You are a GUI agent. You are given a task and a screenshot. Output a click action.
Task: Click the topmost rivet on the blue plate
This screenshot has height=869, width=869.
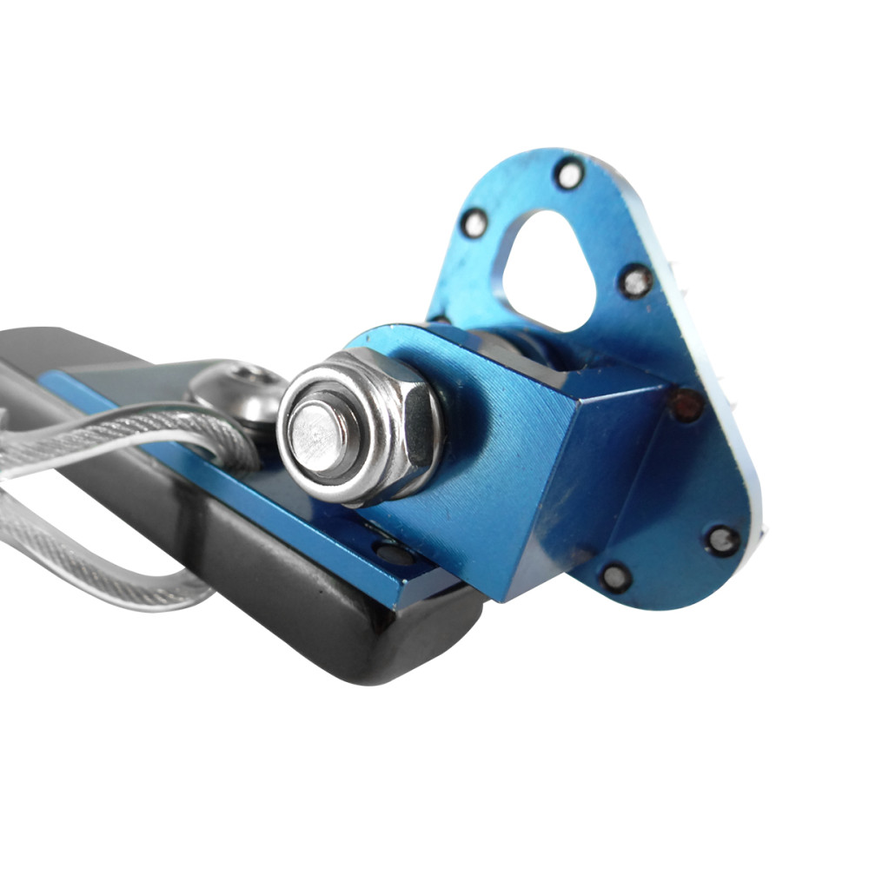(x=569, y=175)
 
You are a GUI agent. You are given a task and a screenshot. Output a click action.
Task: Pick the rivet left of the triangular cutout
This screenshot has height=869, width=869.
(x=474, y=223)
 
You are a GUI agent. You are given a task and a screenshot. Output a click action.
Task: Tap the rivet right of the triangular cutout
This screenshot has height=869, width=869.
(x=637, y=282)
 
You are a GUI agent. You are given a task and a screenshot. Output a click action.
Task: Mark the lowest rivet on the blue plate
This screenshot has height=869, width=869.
(x=616, y=575)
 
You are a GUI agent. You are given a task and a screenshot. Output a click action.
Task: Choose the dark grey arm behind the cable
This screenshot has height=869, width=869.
(x=52, y=348)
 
